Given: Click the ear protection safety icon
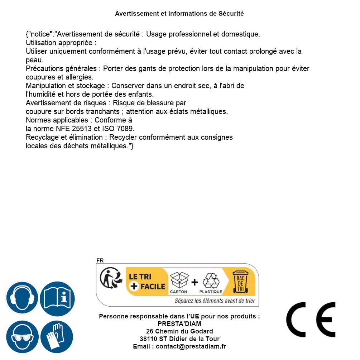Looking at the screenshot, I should click(22, 298).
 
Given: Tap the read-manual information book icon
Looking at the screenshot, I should click(57, 298).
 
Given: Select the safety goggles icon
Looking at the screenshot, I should click(22, 337).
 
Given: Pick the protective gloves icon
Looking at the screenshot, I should click(57, 337).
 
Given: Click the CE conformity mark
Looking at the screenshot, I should click(311, 320).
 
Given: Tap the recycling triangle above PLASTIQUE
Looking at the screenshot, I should click(211, 281).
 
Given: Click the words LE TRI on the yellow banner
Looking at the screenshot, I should click(140, 277).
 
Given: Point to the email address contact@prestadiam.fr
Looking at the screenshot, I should click(191, 346).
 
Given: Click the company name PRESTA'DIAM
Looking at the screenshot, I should click(179, 324).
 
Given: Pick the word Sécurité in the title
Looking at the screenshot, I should click(231, 14).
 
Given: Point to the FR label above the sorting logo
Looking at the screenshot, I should click(100, 260).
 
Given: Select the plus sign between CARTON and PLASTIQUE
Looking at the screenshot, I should click(195, 282).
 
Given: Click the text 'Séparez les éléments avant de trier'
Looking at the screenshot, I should click(215, 301).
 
